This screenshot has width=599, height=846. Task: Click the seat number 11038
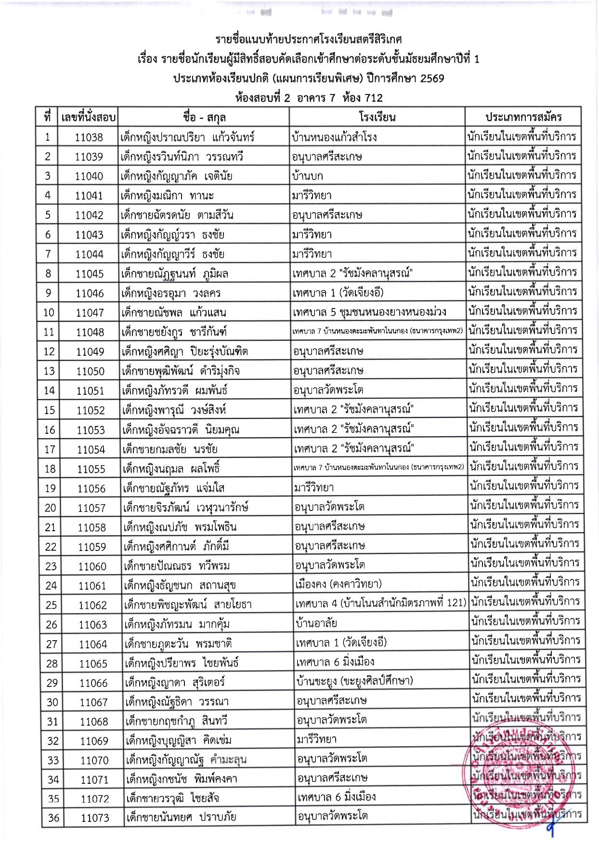click(89, 137)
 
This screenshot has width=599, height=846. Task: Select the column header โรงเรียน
click(377, 117)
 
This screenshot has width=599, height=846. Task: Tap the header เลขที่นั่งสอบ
click(88, 117)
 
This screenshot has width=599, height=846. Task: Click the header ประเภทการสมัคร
click(523, 117)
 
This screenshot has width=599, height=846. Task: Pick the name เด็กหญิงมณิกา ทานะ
click(167, 196)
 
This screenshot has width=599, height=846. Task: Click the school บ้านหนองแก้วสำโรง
click(334, 137)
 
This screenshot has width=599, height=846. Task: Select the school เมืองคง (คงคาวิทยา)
click(338, 585)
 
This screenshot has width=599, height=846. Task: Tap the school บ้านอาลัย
click(316, 623)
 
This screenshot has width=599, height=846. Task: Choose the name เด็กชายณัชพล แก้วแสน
click(174, 312)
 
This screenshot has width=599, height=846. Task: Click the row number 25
click(51, 605)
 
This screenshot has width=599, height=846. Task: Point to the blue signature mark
click(551, 827)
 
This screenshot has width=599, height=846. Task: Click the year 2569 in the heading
click(432, 79)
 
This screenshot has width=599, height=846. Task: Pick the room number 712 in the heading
click(373, 98)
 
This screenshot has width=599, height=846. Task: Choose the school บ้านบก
click(307, 176)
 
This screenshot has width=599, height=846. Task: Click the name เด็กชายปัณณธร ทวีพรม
click(177, 566)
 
